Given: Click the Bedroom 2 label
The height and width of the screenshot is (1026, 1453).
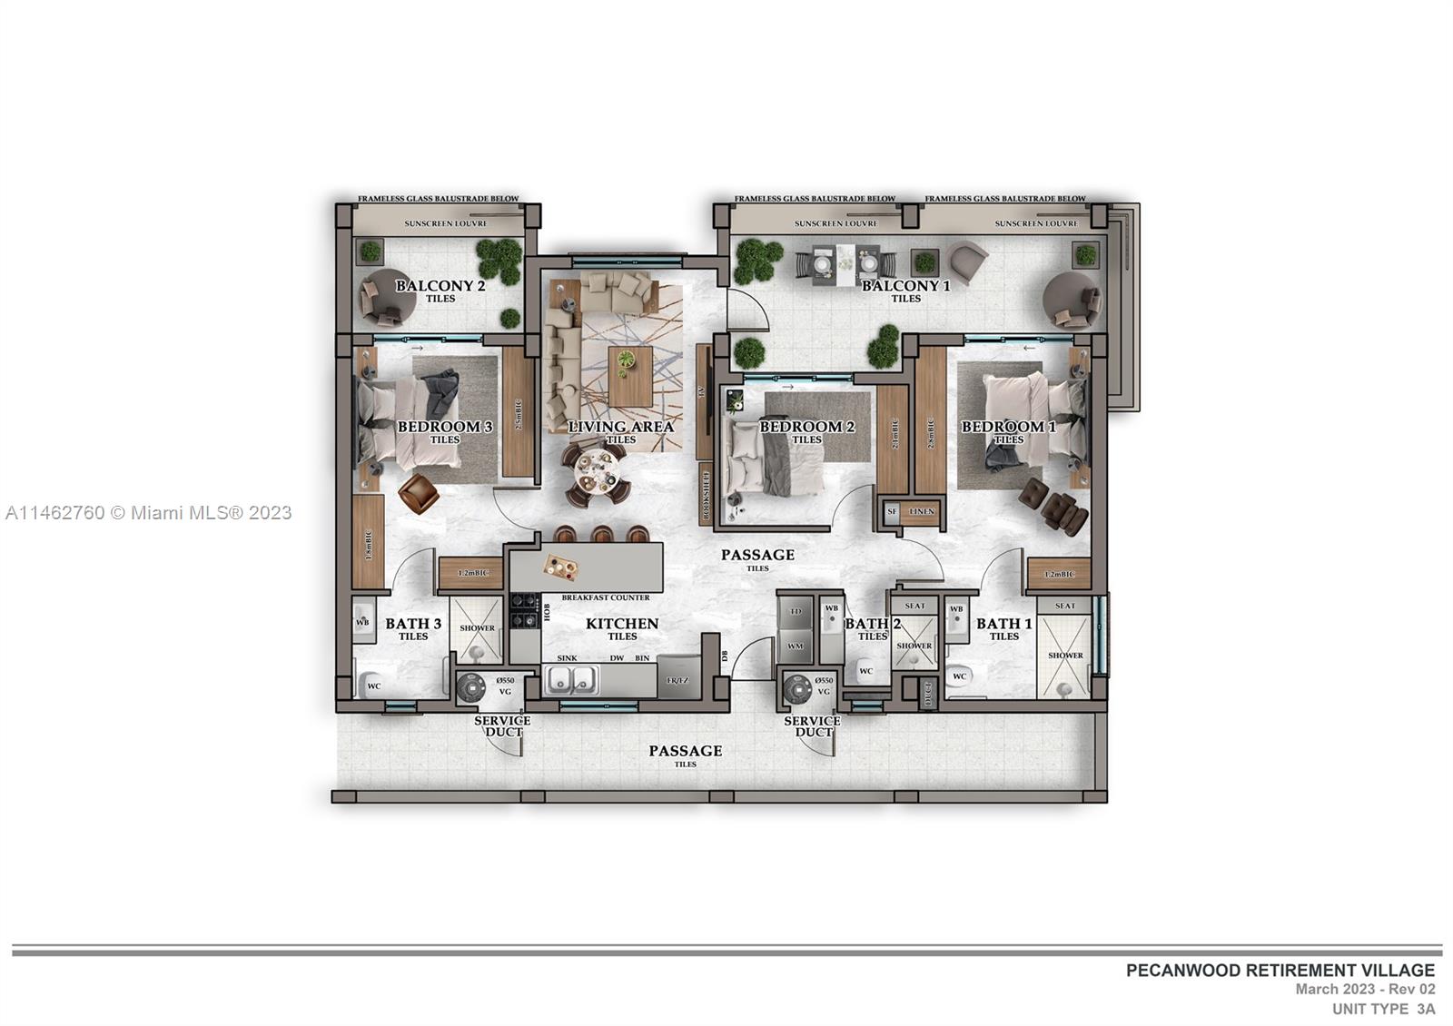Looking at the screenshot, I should [x=806, y=427].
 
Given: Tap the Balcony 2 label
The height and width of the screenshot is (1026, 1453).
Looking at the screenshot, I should [x=440, y=286].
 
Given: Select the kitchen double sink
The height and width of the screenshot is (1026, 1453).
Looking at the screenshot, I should [x=570, y=680].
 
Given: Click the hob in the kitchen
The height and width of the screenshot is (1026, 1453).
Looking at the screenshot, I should [x=525, y=610].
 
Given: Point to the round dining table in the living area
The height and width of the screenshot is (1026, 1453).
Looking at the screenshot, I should [x=595, y=469].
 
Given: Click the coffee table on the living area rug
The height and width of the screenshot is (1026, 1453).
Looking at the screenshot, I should [x=630, y=375].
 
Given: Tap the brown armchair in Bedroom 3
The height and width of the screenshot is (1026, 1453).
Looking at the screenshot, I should [x=417, y=492].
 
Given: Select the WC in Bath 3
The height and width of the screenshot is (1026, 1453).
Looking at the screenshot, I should [x=371, y=685].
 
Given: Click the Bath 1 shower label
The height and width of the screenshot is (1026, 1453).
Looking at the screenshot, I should [x=1065, y=656].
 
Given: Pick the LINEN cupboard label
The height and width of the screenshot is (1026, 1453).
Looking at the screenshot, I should [x=921, y=512].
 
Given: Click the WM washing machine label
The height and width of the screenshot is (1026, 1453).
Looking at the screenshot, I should [x=796, y=646].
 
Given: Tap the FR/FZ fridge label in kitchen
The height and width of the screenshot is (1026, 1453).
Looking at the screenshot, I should [x=677, y=681].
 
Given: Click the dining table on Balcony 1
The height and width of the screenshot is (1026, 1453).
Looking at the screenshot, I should [x=845, y=262].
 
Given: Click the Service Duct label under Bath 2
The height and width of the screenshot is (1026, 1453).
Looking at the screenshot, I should [x=813, y=726].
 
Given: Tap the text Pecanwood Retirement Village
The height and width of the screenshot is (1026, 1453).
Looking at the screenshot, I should [x=1280, y=971].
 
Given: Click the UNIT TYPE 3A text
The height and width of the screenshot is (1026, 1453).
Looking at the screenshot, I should [x=1383, y=1009].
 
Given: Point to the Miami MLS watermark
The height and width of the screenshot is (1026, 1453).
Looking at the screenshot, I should [x=149, y=513].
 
